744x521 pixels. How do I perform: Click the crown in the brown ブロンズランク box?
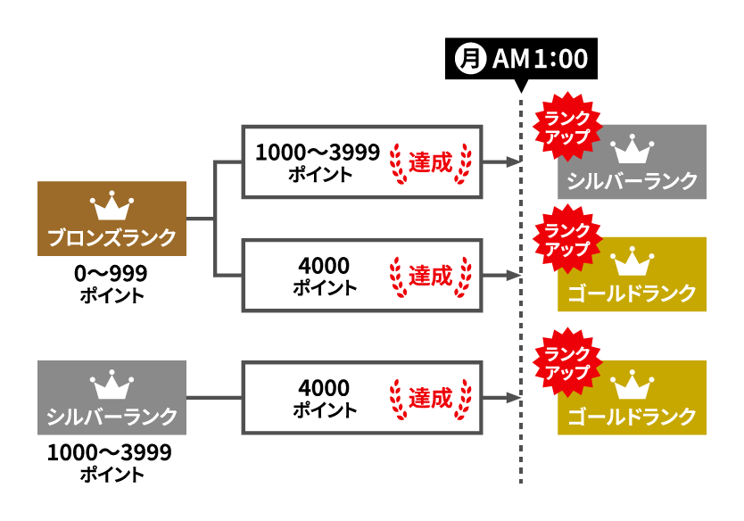112,207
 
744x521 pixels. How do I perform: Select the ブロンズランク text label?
112,238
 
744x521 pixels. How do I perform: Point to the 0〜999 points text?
112,273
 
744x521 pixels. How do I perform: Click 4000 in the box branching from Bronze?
326,265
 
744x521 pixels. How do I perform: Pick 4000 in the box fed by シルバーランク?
326,388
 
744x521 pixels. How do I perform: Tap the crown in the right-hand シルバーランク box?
632,148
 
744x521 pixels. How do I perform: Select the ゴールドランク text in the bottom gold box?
632,416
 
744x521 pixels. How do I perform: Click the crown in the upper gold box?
632,260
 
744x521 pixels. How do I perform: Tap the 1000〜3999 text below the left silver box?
109,452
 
